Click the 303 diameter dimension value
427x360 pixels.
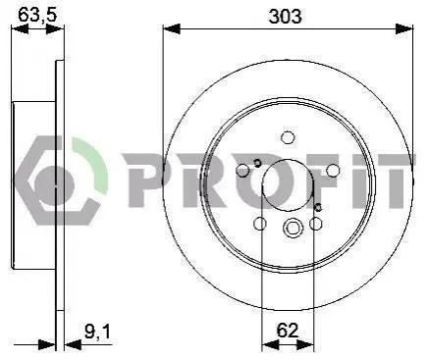[x=285, y=17]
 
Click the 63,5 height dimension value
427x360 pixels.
[x=37, y=15]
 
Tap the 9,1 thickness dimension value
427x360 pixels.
[x=97, y=332]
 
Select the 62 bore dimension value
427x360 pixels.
[x=288, y=331]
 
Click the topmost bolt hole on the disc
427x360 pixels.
[x=288, y=137]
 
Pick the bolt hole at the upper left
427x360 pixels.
[x=242, y=170]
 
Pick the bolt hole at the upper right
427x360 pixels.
[x=333, y=170]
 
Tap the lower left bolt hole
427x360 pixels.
[x=260, y=224]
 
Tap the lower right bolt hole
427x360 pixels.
[x=316, y=224]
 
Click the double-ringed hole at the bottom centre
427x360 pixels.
[x=292, y=227]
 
